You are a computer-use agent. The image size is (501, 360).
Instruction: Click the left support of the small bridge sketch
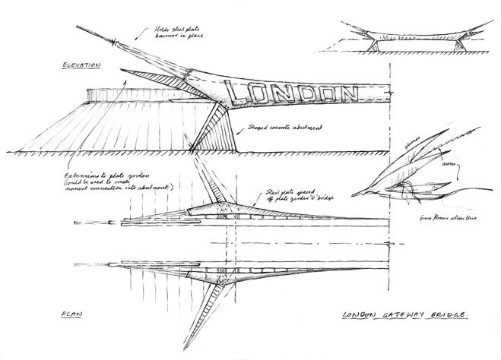click(x=376, y=45)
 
